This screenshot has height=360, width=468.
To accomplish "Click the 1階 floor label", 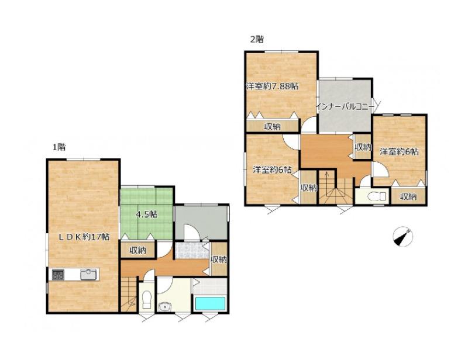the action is tap(59, 147).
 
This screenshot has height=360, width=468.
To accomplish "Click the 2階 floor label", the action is tap(257, 39).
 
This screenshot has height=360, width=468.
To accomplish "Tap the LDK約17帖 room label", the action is tap(84, 237).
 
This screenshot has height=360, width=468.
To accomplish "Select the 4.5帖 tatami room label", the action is tap(147, 214).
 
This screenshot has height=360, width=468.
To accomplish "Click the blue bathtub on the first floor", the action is tap(210, 304).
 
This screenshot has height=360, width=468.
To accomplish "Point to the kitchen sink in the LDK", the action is tap(89, 275).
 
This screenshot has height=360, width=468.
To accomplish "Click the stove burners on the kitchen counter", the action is tap(58, 275).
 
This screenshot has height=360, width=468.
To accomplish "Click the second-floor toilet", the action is tap(377, 196).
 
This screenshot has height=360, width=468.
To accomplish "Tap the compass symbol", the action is tap(402, 237).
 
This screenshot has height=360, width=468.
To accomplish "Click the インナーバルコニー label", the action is tap(345, 106).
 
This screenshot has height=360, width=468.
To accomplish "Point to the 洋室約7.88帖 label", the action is tap(272, 86).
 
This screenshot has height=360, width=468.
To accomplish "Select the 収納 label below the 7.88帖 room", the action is tap(273, 127).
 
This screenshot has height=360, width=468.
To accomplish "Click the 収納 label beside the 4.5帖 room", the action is tap(138, 250).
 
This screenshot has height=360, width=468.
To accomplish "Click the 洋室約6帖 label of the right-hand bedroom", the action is tap(399, 151).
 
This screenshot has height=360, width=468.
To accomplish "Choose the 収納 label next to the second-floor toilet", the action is tap(408, 196).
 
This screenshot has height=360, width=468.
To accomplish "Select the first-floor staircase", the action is tap(129, 295).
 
